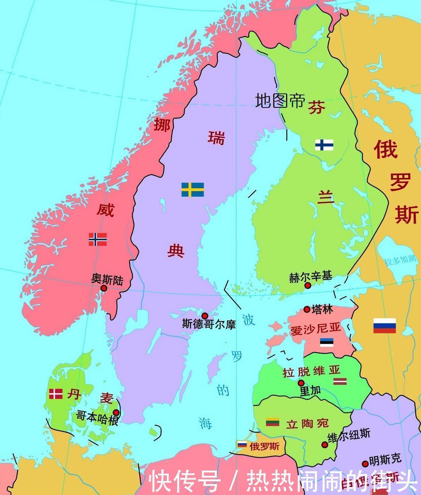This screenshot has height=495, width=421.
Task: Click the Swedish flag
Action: point(193,189)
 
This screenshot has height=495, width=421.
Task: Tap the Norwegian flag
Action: point(97,239)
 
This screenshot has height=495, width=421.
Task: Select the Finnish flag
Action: point(324,145)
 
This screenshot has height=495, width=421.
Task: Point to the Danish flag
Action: point(56,394)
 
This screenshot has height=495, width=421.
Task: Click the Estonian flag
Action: point(327,342)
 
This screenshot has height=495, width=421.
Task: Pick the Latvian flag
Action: point(339,381)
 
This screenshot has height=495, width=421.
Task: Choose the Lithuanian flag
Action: point(273,422)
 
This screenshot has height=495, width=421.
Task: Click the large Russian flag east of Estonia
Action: point(384,326)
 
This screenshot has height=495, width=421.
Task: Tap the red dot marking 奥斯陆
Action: point(104,288)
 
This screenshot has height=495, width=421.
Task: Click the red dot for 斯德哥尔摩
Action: point(205,316)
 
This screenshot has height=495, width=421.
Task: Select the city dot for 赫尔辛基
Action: point(308,285)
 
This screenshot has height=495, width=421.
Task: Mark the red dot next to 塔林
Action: point(307,309)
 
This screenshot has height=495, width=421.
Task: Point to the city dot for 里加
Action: point(301,383)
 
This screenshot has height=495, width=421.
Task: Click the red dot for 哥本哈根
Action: point(116,413)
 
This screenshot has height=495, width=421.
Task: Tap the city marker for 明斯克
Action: point(365,464)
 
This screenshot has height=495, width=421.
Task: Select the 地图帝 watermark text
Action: point(280,101)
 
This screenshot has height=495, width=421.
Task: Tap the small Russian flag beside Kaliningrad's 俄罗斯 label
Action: point(242,444)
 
